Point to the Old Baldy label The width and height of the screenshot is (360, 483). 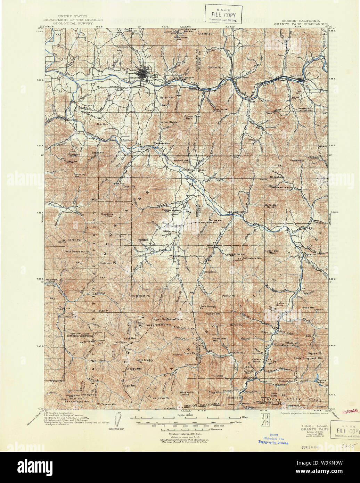click(205, 34)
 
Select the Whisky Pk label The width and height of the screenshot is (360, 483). click(187, 392)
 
